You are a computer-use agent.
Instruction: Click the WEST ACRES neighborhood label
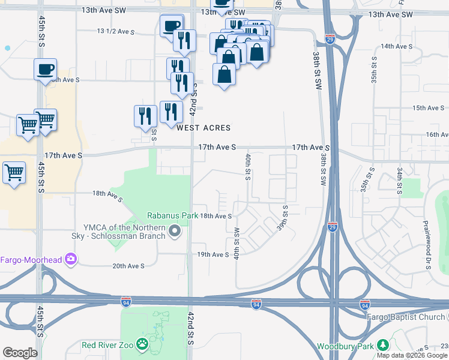(203, 128)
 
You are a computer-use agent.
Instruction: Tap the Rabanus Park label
(169, 216)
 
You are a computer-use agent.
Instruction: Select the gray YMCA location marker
(175, 230)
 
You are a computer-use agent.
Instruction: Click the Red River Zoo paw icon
(142, 344)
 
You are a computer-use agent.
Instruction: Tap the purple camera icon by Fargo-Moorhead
(71, 259)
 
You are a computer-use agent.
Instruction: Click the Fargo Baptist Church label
(408, 317)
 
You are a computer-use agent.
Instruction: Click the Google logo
(19, 353)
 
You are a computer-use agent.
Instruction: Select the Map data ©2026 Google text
(412, 355)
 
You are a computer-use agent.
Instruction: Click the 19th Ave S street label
(213, 254)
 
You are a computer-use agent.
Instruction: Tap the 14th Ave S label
(395, 46)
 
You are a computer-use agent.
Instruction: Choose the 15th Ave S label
(427, 108)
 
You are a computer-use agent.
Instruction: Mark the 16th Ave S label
(436, 135)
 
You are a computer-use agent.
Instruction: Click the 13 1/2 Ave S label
(117, 31)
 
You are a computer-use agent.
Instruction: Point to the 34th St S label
(399, 181)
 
